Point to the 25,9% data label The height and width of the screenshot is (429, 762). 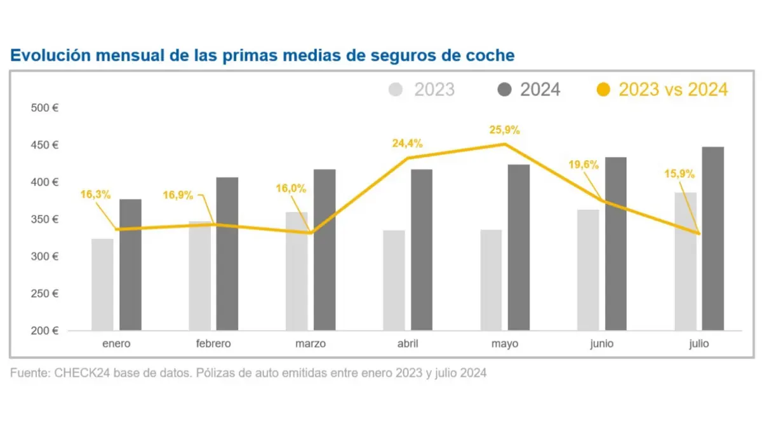point(504,130)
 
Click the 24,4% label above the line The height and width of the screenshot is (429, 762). point(407,144)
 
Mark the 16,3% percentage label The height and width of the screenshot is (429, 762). point(95,194)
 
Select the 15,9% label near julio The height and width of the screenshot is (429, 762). point(679,174)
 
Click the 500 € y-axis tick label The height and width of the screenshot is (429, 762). point(44,108)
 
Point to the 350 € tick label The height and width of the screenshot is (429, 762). point(44,219)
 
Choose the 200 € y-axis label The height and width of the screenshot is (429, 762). point(44,331)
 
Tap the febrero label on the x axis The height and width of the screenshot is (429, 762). point(213,344)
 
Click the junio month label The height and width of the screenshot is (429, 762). point(601,344)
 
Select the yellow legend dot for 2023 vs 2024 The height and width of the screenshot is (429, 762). point(604,90)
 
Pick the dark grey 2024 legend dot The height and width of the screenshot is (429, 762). point(505,90)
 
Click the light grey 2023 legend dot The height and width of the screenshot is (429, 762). point(396,90)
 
